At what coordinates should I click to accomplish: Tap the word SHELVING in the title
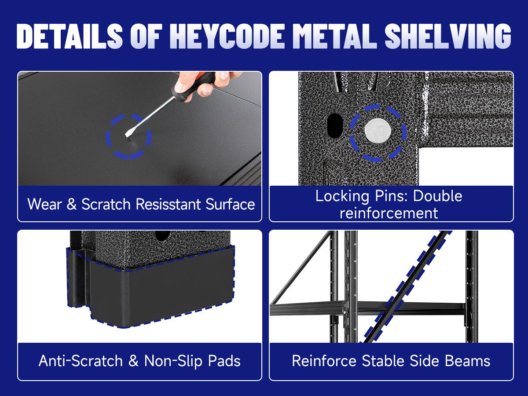click(448, 36)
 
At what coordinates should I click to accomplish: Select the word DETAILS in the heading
click(70, 36)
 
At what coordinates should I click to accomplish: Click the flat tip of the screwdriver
click(127, 135)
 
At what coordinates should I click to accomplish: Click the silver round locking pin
click(378, 131)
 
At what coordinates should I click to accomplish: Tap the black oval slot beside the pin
click(335, 125)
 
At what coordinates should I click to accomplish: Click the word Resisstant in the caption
click(168, 204)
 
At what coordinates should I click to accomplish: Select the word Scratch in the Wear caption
click(106, 204)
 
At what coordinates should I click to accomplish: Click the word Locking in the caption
click(342, 196)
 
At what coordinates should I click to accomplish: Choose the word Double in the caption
click(437, 196)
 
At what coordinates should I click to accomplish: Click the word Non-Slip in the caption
click(173, 361)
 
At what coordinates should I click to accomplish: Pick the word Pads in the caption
click(224, 361)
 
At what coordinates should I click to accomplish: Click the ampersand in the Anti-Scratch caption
click(133, 361)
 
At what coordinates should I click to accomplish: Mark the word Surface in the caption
click(230, 204)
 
